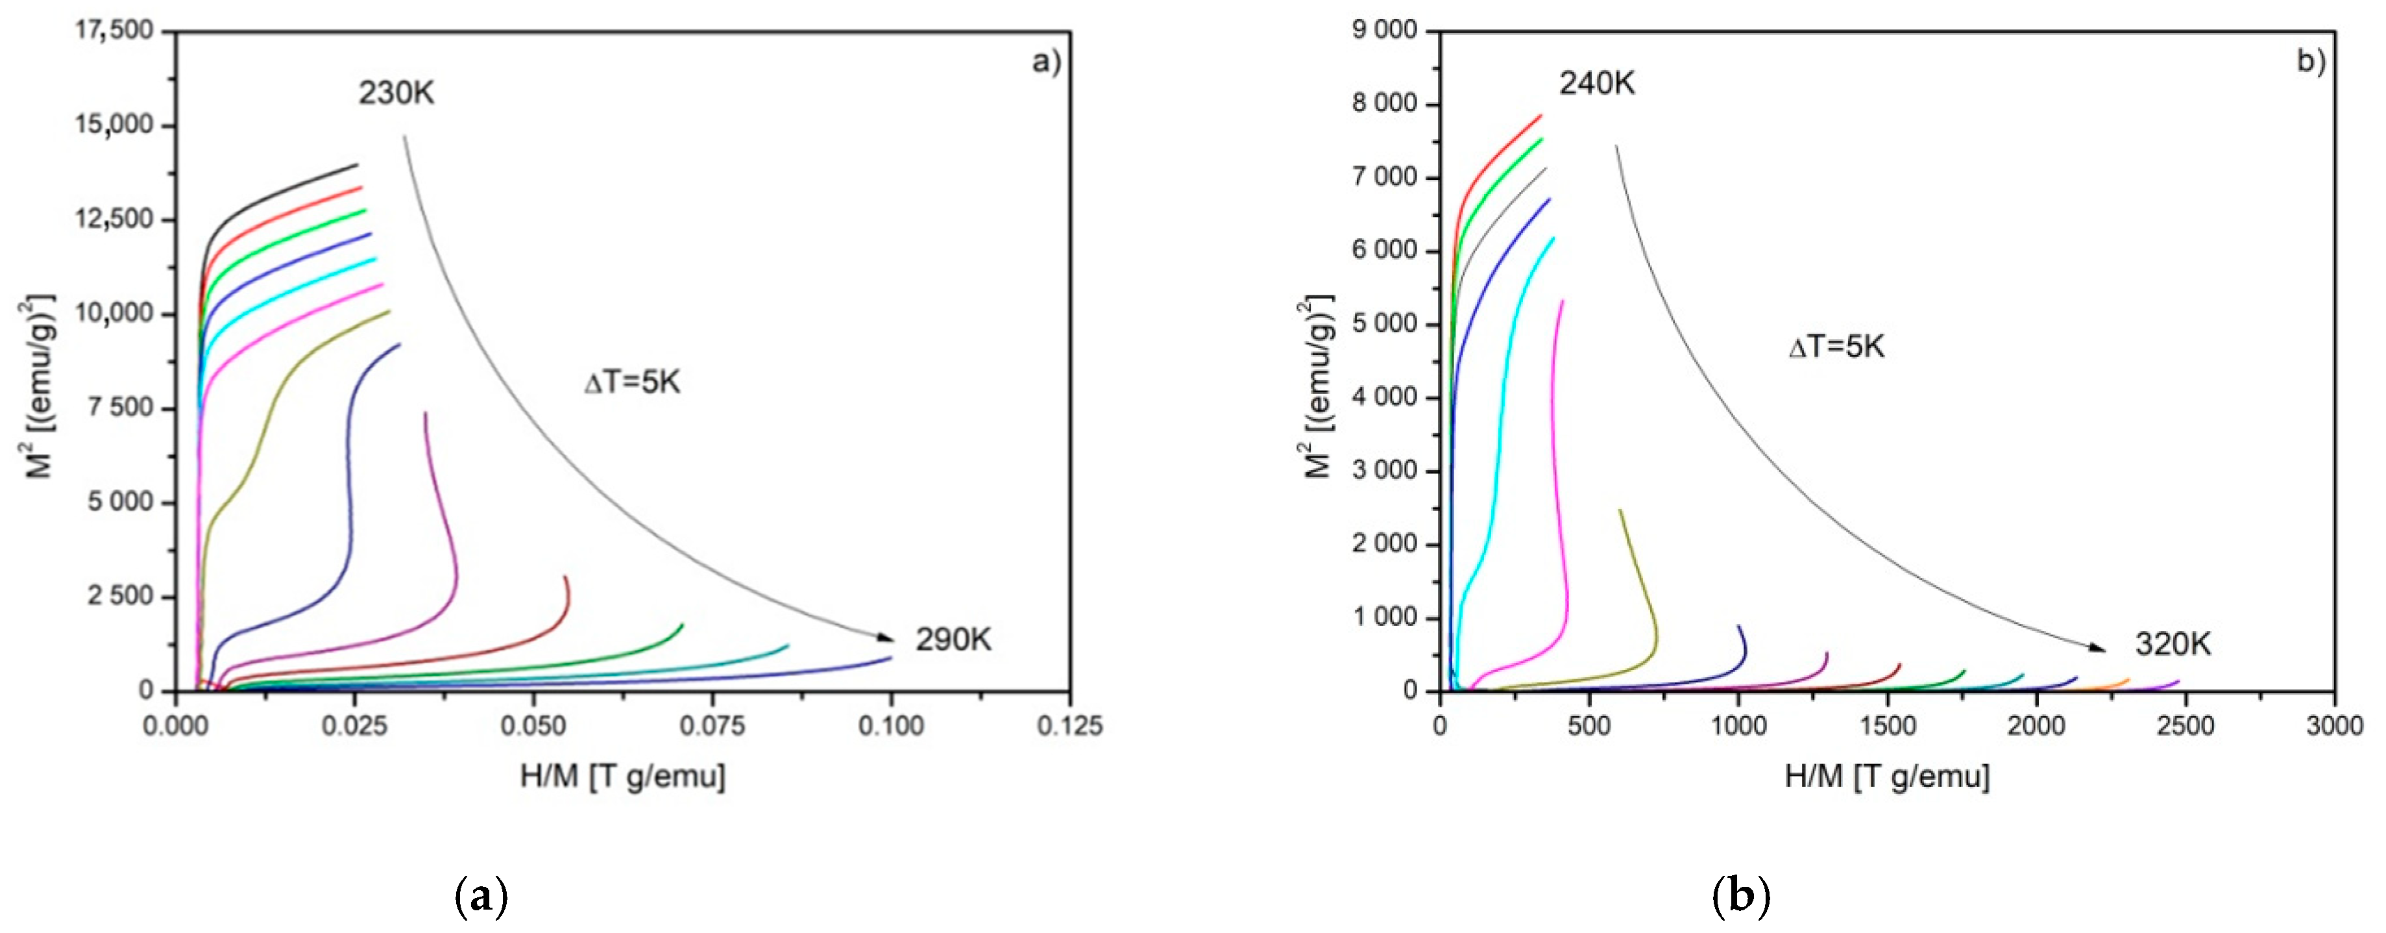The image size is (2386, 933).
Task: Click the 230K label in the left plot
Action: pyautogui.click(x=396, y=93)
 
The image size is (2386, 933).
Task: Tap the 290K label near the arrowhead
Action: pyautogui.click(x=953, y=640)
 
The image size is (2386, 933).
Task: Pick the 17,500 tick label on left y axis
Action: pyautogui.click(x=112, y=32)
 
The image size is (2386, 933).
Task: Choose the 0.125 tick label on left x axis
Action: pyautogui.click(x=1071, y=725)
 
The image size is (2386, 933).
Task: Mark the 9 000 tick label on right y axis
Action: pyautogui.click(x=1385, y=32)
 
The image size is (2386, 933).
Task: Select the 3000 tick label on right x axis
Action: pyautogui.click(x=2334, y=725)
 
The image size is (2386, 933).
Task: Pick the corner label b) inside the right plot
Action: pyautogui.click(x=2311, y=62)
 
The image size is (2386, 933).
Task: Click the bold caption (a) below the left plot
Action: pyautogui.click(x=483, y=897)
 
